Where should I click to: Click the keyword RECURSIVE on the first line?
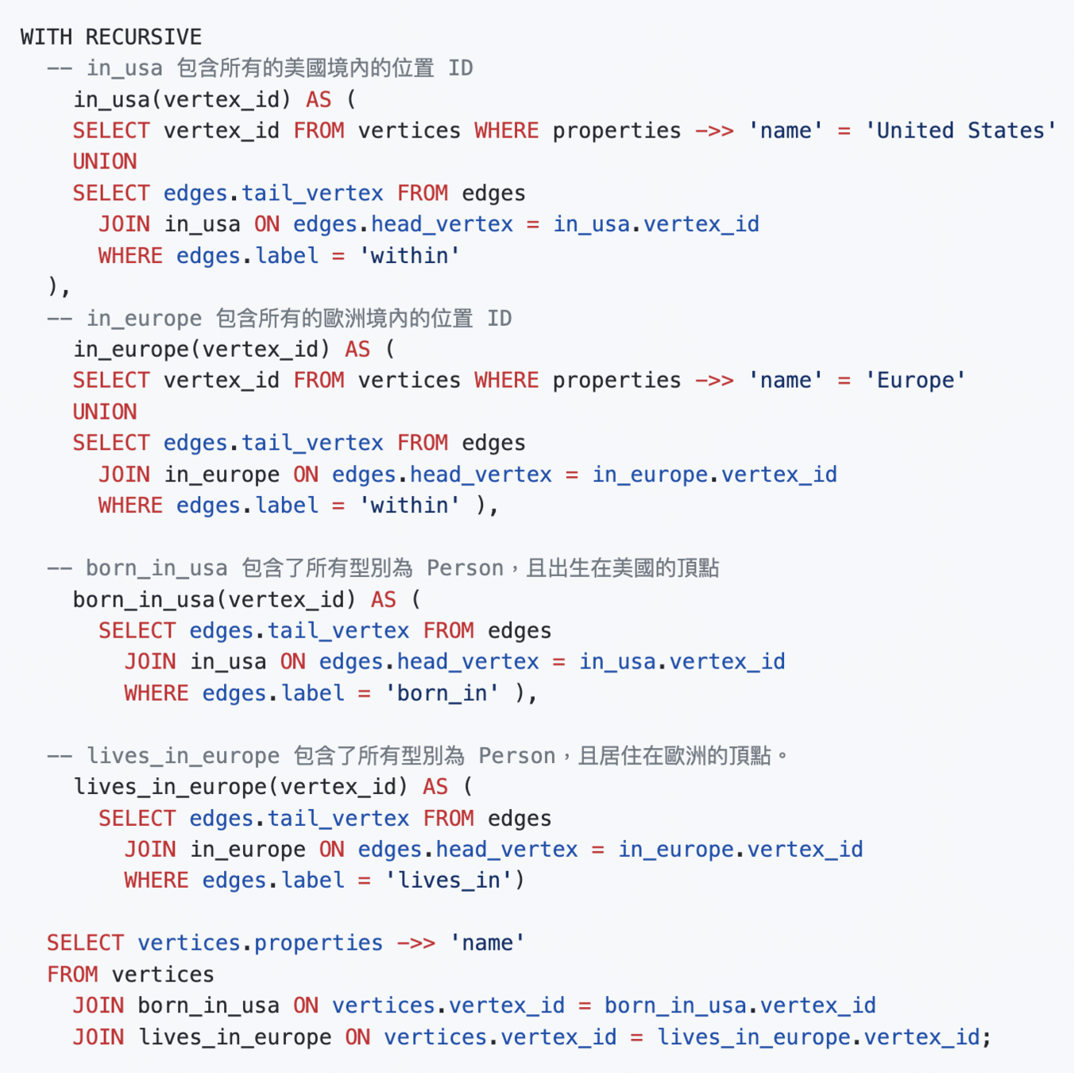143,37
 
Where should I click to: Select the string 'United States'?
960,130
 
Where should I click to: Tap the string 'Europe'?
915,380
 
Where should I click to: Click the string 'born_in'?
442,693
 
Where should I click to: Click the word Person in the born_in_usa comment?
465,567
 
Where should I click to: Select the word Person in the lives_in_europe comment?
516,755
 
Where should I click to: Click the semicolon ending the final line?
987,1037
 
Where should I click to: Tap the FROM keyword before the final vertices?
72,974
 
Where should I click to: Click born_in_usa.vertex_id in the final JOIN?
740,1005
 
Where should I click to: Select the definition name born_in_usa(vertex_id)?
214,599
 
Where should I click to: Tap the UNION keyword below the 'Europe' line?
105,412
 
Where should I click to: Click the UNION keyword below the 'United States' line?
105,161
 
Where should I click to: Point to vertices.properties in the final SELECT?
260,943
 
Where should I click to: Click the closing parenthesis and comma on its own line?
59,286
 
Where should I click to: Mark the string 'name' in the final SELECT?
487,943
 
